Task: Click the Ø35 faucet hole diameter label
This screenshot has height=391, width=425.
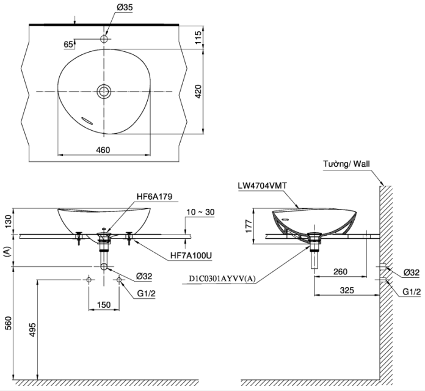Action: (x=125, y=7)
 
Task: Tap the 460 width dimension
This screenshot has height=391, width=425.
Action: (x=103, y=150)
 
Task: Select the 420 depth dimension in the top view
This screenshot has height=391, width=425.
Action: (x=198, y=92)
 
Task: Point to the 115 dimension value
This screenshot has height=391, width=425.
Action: (x=198, y=37)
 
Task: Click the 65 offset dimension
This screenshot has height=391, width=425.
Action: (x=68, y=44)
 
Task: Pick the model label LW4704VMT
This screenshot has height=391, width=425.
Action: (x=263, y=186)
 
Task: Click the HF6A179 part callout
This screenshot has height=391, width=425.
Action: (x=154, y=196)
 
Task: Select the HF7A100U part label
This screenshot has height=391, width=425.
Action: (x=191, y=255)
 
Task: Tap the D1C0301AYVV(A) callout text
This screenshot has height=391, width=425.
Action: (x=222, y=279)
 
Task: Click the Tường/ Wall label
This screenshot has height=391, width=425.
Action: (x=346, y=164)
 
